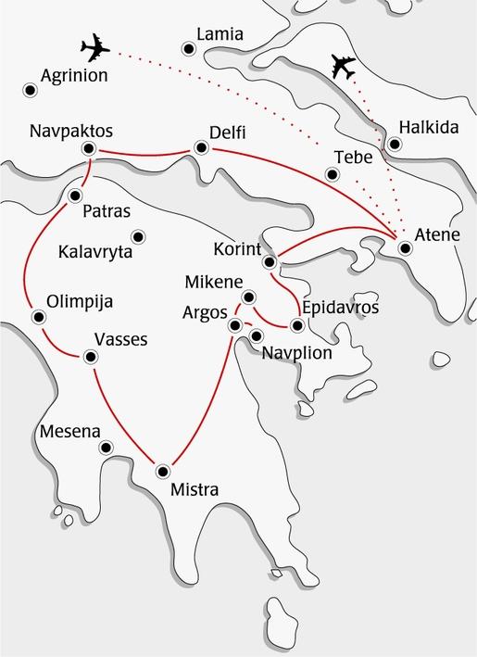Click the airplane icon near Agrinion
[x=95, y=47]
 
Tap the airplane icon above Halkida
[x=344, y=67]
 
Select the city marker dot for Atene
[x=404, y=247]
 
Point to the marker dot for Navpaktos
[x=89, y=148]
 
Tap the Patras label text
[x=107, y=211]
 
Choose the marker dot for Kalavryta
[x=139, y=235]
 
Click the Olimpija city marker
[x=38, y=317]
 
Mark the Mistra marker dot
[x=164, y=469]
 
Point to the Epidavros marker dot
[x=297, y=325]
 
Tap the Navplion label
[x=296, y=352]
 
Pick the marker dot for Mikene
[x=247, y=297]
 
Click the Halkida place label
[x=427, y=127]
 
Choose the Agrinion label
[x=74, y=76]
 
